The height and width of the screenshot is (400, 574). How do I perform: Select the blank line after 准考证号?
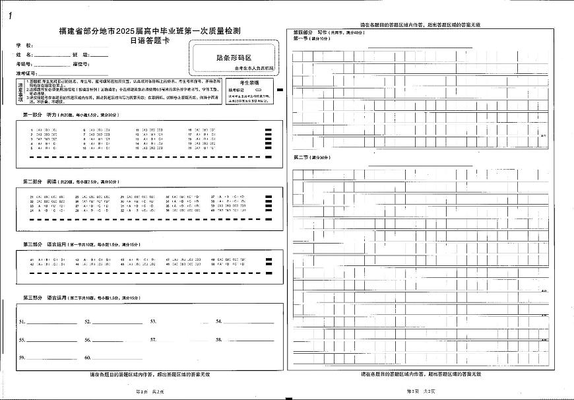tap(73, 74)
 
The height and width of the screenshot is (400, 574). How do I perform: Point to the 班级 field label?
tap(80, 54)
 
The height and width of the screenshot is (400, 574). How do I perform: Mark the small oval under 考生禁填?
tap(259, 89)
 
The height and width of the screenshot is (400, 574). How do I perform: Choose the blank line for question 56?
tap(117, 341)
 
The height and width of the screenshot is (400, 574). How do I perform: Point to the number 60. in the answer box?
tap(87, 357)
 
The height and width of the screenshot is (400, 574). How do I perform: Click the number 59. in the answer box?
tap(22, 357)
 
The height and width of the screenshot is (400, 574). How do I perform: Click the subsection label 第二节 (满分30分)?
tap(310, 158)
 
